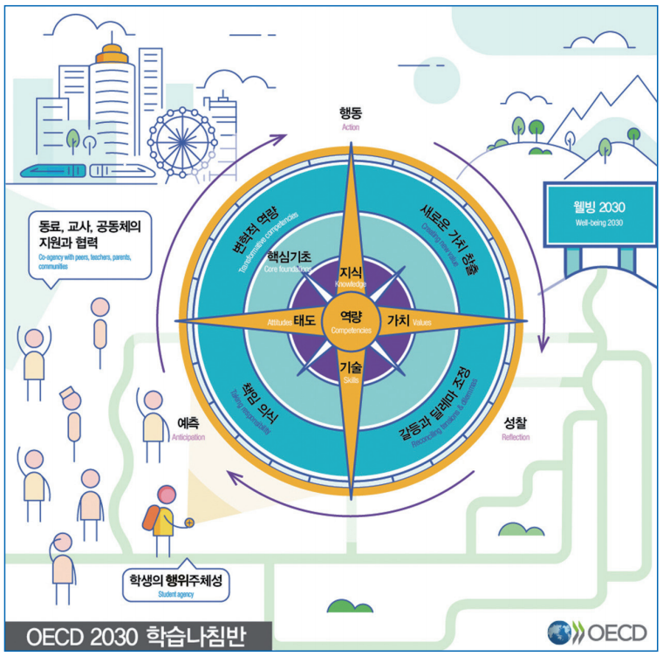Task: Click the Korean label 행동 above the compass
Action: point(352,113)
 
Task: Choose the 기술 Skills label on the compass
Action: point(352,369)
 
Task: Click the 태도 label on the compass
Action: point(304,321)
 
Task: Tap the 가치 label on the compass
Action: point(398,321)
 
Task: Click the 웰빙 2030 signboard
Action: point(600,214)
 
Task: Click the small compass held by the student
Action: point(188,522)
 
